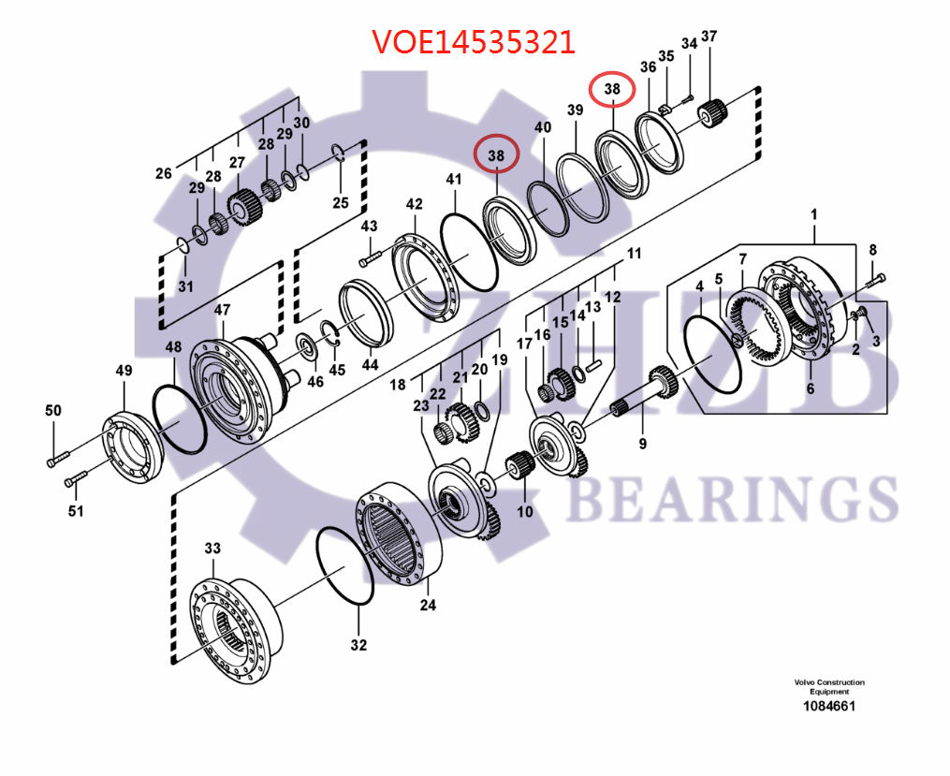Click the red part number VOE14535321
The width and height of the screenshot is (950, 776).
pos(473,41)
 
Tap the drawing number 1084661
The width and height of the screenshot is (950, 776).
pos(828,707)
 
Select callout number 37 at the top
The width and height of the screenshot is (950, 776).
pos(709,37)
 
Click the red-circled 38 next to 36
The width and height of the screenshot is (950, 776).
pos(612,89)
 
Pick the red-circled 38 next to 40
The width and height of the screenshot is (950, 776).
pos(496,154)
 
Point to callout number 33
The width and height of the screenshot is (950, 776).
pos(212,548)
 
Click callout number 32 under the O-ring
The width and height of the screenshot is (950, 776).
pos(358,645)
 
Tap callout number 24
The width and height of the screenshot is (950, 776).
pos(428,605)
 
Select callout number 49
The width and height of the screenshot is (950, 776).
pos(124,372)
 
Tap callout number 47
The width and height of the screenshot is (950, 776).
pos(222,310)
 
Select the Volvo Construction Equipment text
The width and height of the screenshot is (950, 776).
pos(828,687)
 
